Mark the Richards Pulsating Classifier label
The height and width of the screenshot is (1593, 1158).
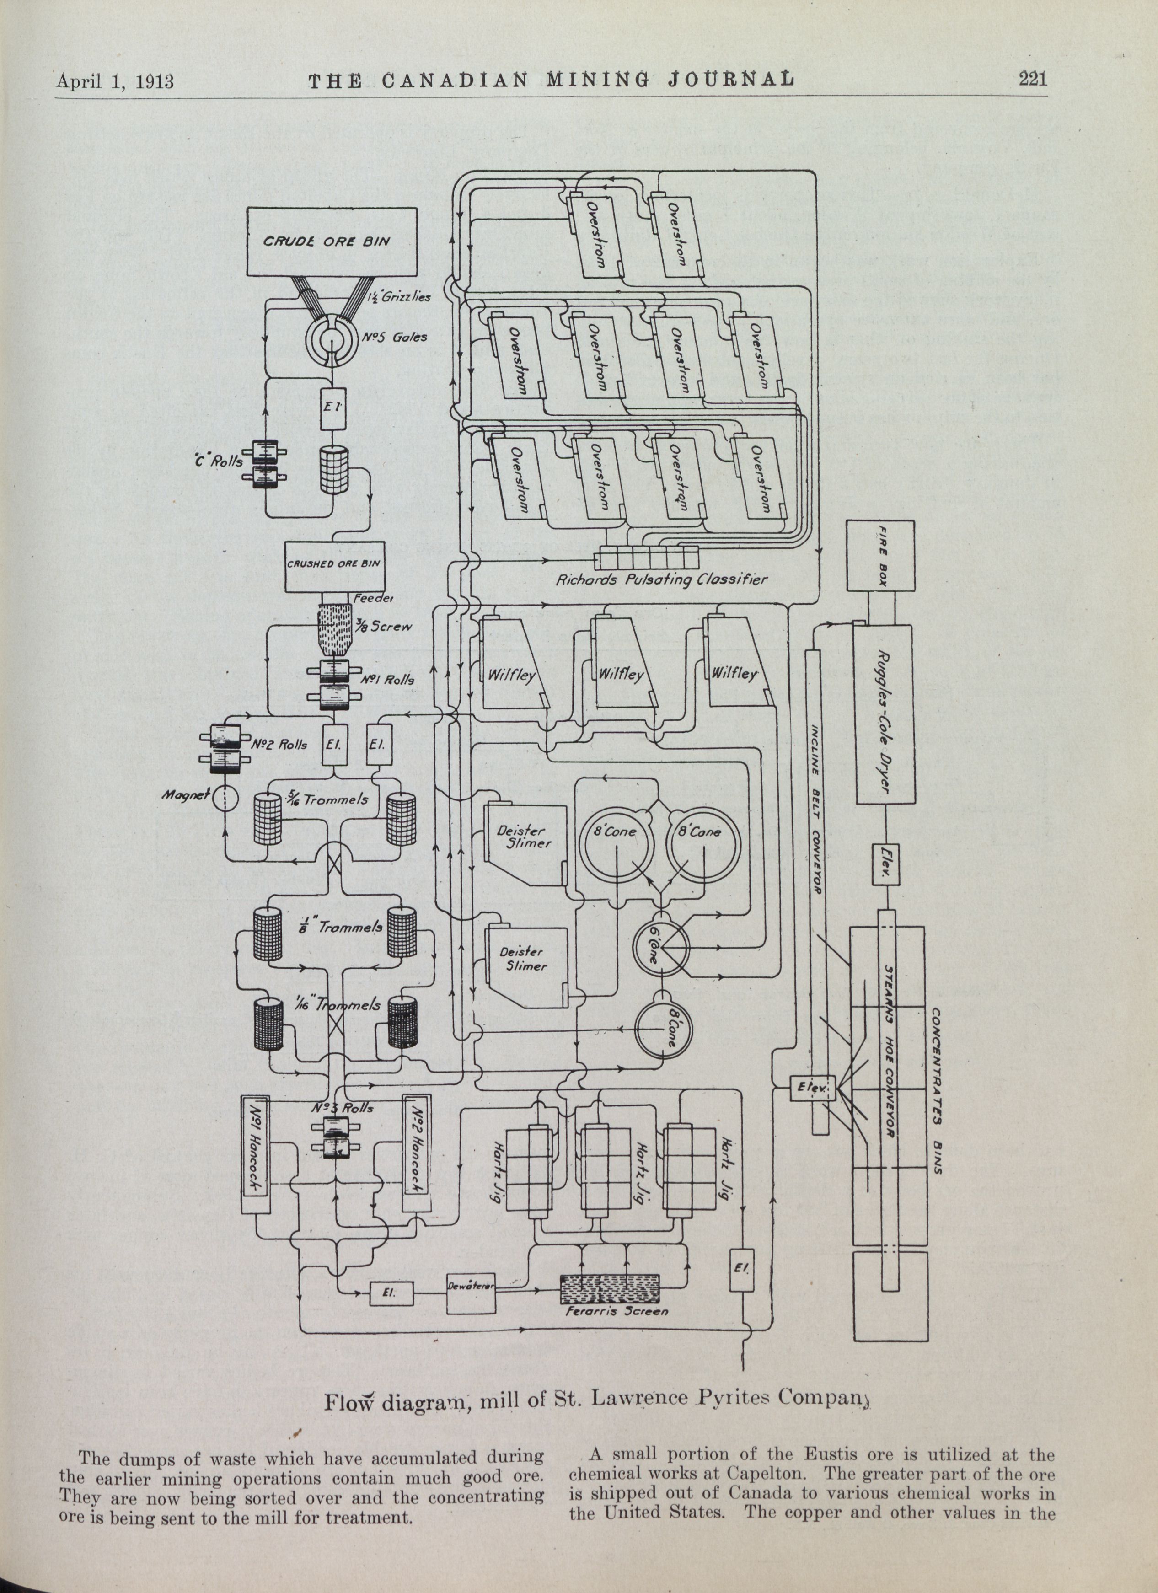tap(661, 580)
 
